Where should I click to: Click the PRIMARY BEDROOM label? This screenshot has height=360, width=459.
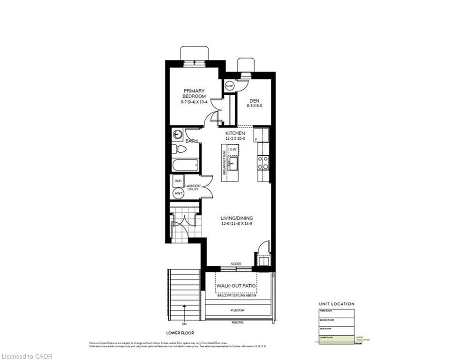tap(195, 93)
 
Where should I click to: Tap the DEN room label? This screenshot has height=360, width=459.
tap(254, 100)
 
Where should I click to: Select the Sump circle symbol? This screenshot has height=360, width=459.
tap(230, 86)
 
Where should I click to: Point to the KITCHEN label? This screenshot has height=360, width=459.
tap(235, 133)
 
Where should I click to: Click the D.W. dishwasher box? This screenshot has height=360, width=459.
tap(233, 150)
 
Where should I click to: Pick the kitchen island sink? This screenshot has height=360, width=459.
tap(233, 164)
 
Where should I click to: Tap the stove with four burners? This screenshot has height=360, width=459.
tap(263, 163)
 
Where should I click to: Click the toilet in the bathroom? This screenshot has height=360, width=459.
tap(178, 150)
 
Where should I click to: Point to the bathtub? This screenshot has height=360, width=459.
tap(185, 165)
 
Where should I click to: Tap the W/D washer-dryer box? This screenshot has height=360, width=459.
tap(178, 181)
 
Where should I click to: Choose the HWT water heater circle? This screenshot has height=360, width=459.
tap(178, 193)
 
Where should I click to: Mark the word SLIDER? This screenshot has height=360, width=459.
tap(236, 264)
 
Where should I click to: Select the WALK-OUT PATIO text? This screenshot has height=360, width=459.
tap(236, 285)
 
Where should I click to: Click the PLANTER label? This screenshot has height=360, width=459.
tap(237, 310)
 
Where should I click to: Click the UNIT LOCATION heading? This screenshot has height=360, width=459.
tap(337, 304)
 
